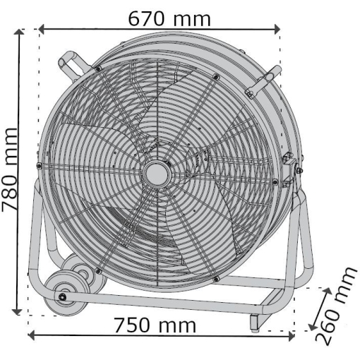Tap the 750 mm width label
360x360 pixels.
156,326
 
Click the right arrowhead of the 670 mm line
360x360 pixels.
277,29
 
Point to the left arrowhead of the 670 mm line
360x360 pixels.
40,29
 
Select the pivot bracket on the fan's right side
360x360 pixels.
289,169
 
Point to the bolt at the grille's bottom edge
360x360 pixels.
215,280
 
